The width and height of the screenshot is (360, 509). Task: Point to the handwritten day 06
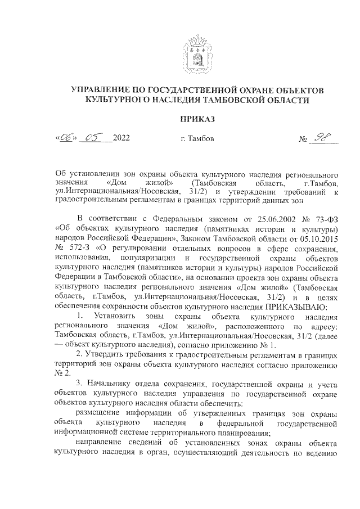[x=66, y=137]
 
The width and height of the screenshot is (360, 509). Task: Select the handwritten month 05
[x=92, y=137]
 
